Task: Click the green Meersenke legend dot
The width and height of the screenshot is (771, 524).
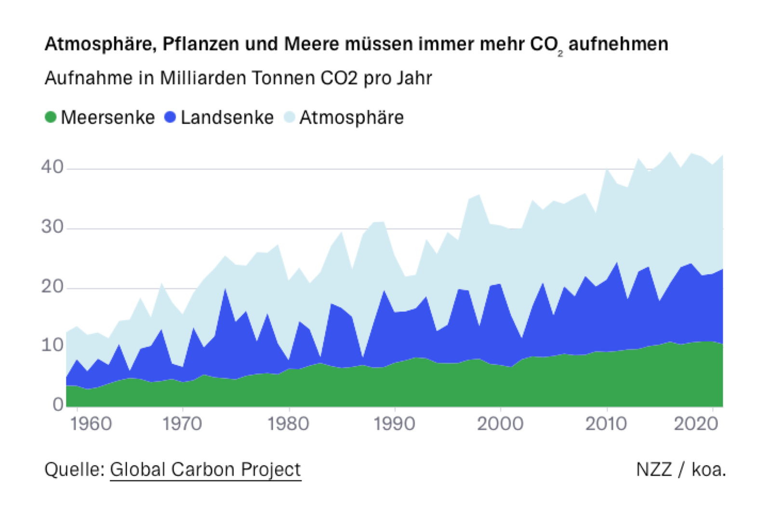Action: coord(51,117)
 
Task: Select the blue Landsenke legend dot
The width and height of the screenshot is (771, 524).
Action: coord(170,117)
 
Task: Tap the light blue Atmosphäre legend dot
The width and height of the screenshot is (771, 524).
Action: coord(289,117)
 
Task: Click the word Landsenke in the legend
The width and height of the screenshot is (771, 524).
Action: coord(227,118)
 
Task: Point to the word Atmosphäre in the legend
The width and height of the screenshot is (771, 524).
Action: coord(351,118)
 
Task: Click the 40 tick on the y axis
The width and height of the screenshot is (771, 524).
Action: coord(53,167)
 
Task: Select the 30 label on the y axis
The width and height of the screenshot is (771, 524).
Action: coord(53,227)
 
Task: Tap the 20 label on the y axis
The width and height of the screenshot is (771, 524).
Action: coord(53,286)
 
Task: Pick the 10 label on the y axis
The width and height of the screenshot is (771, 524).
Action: coord(53,345)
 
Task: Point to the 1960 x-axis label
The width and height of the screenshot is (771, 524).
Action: coord(91,424)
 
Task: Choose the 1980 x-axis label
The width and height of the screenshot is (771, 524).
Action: coord(288,424)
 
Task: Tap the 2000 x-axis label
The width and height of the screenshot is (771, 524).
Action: coord(500,424)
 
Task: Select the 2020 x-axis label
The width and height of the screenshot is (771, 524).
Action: coord(696,424)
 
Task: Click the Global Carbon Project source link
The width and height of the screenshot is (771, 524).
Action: coord(205,469)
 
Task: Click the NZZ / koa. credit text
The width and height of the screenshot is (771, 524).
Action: coord(681,469)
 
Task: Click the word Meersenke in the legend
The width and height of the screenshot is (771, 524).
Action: coord(108,118)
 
